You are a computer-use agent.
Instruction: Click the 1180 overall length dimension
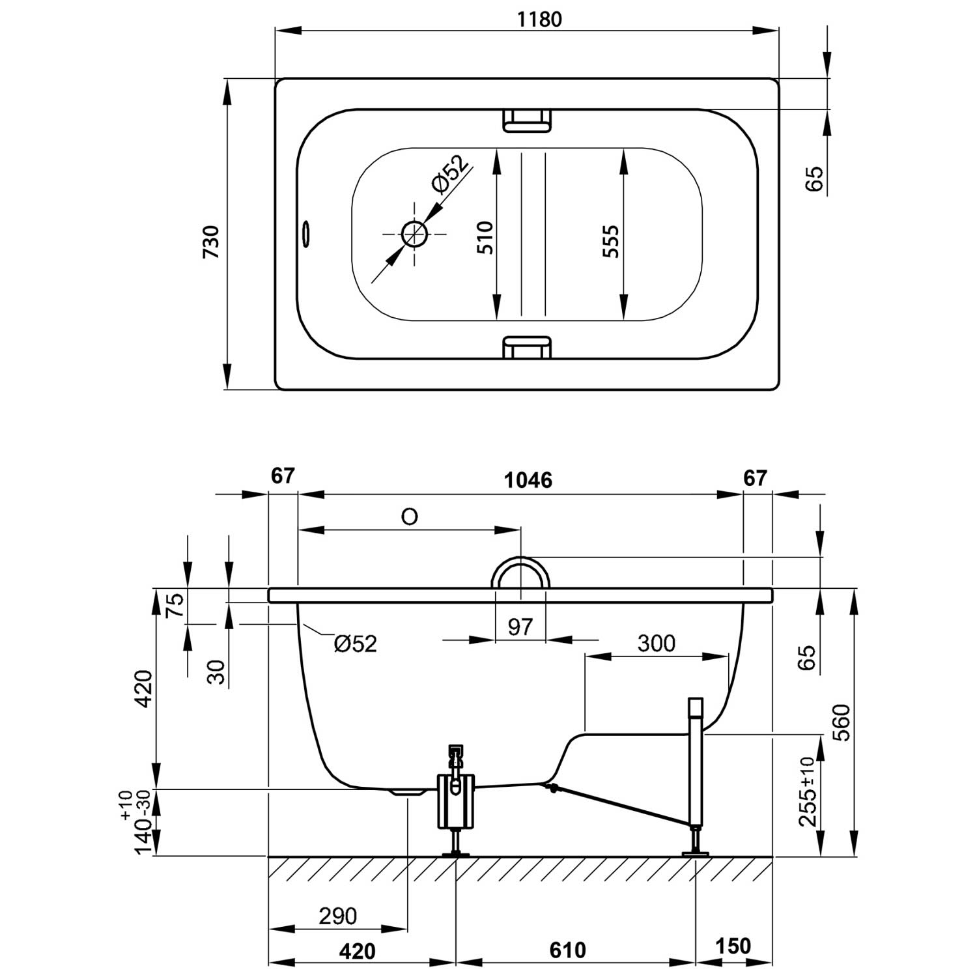[x=539, y=20]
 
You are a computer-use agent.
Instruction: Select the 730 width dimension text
[x=212, y=242]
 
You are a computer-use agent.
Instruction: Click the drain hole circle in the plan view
[x=414, y=233]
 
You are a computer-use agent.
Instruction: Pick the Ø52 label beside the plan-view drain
[x=449, y=174]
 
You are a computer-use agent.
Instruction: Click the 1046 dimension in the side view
[x=528, y=481]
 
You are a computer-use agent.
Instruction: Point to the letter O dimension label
[x=409, y=517]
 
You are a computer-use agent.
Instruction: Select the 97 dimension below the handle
[x=520, y=627]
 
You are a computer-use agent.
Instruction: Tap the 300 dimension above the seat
[x=656, y=644]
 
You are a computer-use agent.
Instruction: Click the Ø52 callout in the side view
[x=355, y=644]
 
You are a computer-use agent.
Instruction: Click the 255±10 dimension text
[x=808, y=791]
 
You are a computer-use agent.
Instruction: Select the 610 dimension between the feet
[x=568, y=950]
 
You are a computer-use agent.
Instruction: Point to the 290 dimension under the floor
[x=338, y=916]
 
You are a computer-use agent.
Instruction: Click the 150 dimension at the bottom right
[x=733, y=946]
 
